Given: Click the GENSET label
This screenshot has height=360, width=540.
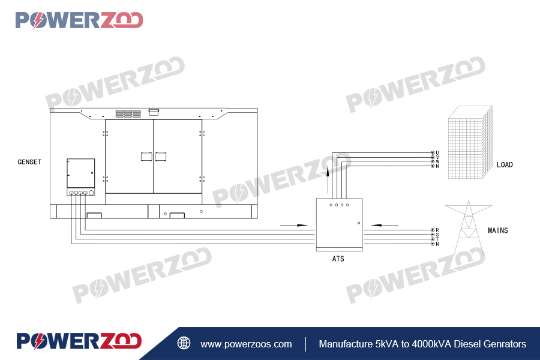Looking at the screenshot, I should tap(29, 162).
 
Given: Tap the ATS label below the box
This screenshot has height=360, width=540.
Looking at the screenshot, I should tap(338, 259).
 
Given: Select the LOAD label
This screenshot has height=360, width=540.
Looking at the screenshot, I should tap(505, 165).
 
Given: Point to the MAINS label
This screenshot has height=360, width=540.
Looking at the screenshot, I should tap(497, 230).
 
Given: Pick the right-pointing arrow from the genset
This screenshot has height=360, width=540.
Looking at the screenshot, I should tap(293, 225).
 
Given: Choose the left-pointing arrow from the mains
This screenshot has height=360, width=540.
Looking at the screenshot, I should tap(385, 225).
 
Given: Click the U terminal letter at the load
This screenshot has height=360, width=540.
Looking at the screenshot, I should tap(437, 153).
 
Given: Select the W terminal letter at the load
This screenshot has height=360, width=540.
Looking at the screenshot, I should tap(437, 162).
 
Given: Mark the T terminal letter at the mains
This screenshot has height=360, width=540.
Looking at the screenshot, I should tap(437, 239).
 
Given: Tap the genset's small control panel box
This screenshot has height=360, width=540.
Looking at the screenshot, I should tap(80, 173).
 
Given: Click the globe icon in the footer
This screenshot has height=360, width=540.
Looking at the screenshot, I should tap(184, 344).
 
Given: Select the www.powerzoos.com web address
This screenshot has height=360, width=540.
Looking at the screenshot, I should tap(246, 344).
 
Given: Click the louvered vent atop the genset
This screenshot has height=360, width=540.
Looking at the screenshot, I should tap(128, 113).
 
